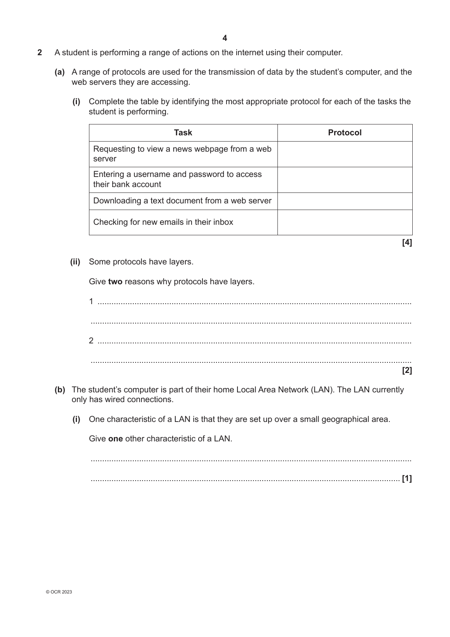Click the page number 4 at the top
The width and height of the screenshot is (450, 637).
(x=225, y=38)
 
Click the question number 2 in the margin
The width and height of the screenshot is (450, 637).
(x=40, y=52)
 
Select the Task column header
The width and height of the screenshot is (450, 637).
(x=183, y=133)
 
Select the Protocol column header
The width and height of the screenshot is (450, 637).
(x=345, y=133)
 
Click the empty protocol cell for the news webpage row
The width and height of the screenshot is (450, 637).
(x=345, y=154)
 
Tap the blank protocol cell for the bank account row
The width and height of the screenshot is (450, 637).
(x=345, y=180)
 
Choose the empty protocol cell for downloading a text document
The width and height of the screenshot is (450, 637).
(x=345, y=201)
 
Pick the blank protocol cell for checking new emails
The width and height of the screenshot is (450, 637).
(x=345, y=222)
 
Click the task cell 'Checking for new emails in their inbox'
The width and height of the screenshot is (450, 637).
(x=163, y=222)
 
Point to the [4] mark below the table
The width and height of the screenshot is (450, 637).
(x=407, y=243)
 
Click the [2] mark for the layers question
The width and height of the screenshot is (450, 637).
(x=407, y=370)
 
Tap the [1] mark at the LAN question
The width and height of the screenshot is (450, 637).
(x=407, y=478)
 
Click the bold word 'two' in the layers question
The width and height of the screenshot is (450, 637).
(x=115, y=282)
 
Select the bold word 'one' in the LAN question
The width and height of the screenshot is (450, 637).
(x=115, y=439)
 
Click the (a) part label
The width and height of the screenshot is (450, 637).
(x=59, y=72)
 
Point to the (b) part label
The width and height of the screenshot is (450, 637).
(x=60, y=390)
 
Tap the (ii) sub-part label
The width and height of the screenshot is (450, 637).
(x=75, y=262)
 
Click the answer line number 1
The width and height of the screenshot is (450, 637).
(x=91, y=301)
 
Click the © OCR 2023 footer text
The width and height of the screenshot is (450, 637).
(x=59, y=592)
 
